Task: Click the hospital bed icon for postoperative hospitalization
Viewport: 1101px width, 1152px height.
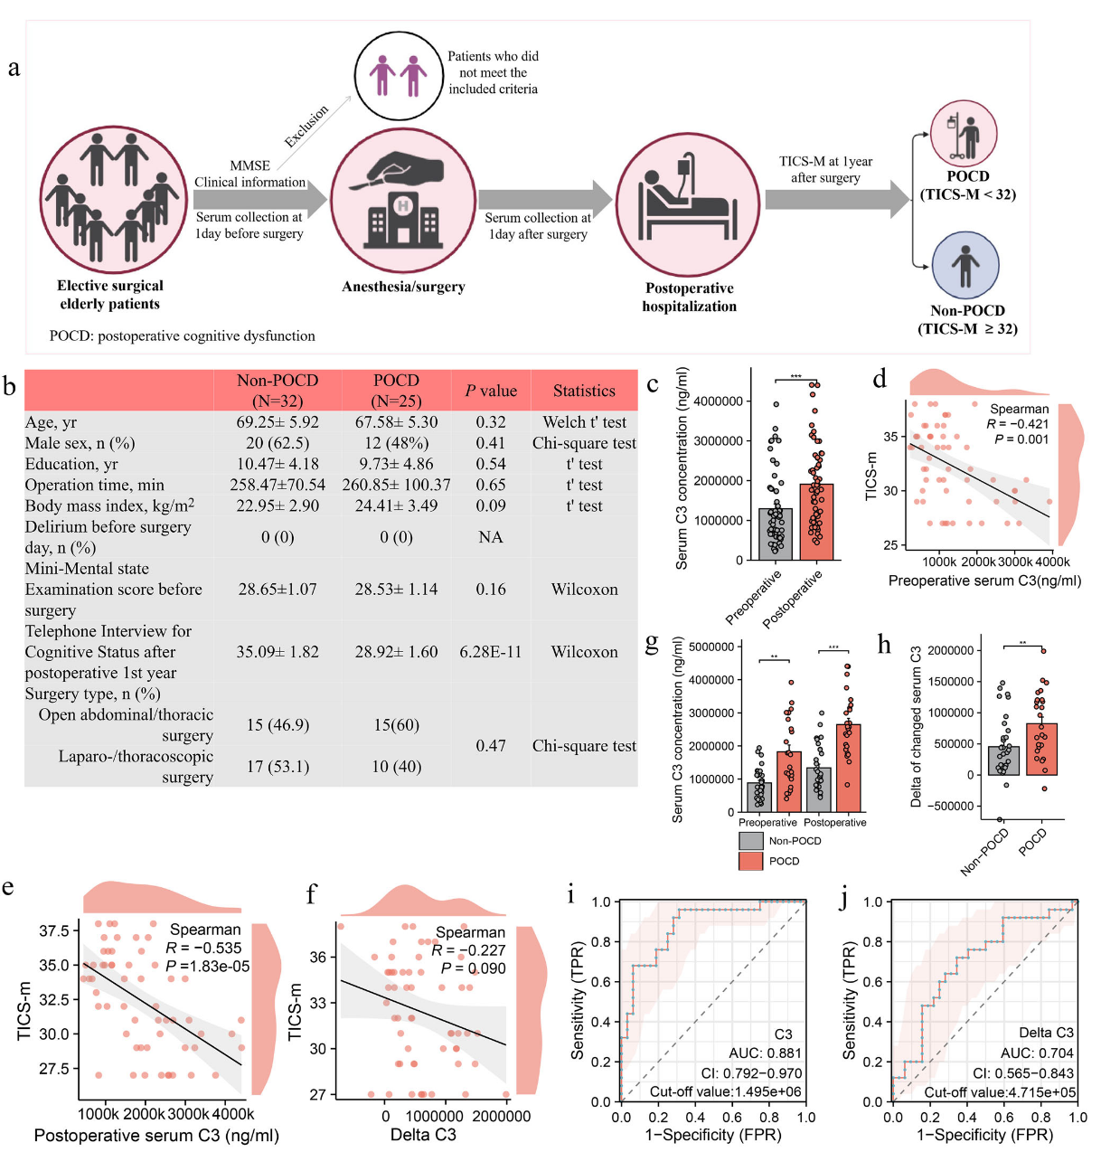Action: coord(687,203)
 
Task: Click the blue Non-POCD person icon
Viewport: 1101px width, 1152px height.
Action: coord(965,265)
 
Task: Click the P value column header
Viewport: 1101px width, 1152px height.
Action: coord(491,391)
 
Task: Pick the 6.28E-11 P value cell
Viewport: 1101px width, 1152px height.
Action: coord(491,652)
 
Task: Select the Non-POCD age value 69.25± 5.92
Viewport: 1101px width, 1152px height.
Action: coord(278,422)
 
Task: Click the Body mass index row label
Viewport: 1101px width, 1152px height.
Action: coord(109,506)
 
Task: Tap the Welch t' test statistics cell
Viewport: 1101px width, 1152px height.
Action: coord(584,422)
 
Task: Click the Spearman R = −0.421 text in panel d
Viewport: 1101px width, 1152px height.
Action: coord(1018,424)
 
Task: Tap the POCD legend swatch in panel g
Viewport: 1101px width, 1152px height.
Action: coord(751,861)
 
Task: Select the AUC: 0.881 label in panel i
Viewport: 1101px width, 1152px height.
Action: coord(765,1053)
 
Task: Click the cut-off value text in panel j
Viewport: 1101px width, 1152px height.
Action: coord(1000,1092)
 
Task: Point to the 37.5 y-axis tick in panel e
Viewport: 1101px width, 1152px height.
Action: coord(53,931)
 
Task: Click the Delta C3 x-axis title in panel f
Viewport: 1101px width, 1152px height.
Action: coord(422,1135)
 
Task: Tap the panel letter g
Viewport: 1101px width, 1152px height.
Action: coord(652,644)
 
